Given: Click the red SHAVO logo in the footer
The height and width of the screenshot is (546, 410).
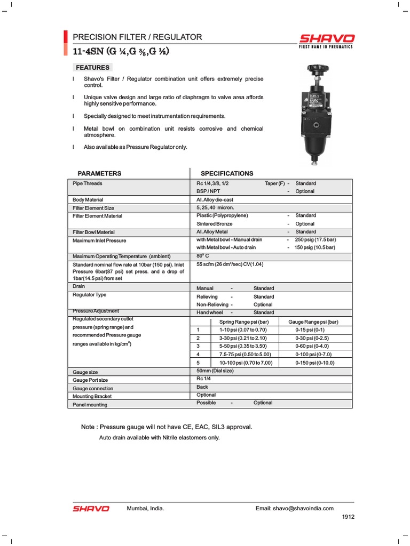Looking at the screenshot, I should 91,509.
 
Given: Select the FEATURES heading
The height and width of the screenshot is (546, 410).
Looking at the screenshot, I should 93,68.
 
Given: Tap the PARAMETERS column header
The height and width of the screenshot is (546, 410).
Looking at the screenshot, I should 99,173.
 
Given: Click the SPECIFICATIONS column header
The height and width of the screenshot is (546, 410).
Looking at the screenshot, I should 227,173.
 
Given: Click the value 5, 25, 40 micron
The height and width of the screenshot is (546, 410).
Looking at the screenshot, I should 215,207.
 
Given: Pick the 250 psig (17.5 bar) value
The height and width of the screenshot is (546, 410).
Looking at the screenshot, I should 315,240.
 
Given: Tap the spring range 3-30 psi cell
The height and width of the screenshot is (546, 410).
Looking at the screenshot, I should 242,338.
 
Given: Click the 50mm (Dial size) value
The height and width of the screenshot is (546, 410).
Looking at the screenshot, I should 215,371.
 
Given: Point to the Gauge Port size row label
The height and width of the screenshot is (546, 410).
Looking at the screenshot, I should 90,380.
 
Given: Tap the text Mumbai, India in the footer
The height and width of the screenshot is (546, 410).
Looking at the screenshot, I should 145,509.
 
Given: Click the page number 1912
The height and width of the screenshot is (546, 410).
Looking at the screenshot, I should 348,517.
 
